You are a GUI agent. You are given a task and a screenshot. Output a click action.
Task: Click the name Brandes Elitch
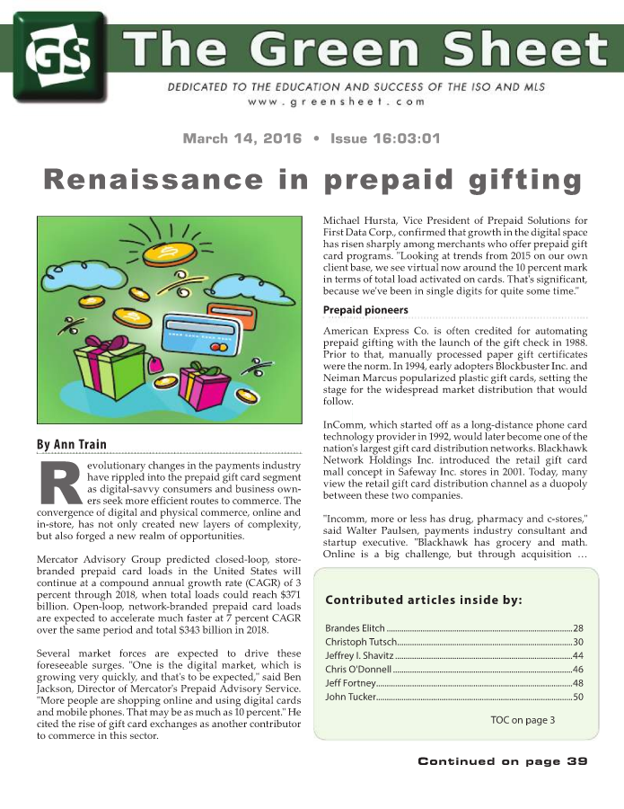coord(355,627)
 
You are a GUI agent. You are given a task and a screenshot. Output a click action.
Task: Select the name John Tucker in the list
coord(348,697)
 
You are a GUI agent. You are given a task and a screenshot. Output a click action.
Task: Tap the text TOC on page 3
coord(523,720)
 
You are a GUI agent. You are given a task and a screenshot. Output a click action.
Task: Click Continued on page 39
coord(502,761)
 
